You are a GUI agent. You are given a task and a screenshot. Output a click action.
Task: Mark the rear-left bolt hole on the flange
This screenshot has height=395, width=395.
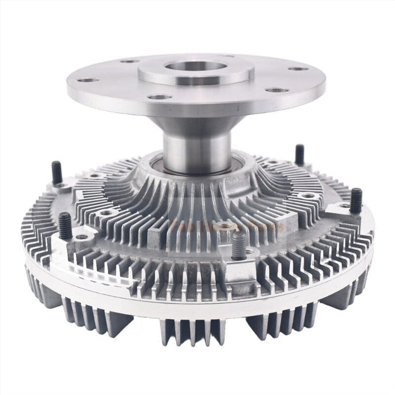[x=128, y=61]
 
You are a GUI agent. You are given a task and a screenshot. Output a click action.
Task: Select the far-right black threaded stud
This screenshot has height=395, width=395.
[x=356, y=201]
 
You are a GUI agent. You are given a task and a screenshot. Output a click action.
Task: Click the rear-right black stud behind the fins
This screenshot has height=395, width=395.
[x=299, y=154]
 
